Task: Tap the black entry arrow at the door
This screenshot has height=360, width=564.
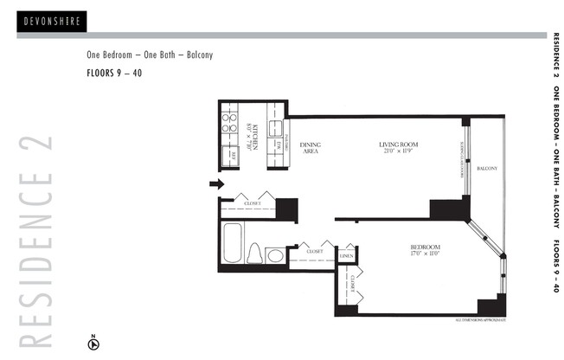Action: point(216,183)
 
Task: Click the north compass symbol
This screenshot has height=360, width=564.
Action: point(93,343)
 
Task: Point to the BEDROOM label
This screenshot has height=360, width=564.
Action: point(426,251)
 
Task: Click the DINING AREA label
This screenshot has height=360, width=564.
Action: point(309,148)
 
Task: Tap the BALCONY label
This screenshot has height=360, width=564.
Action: point(487,169)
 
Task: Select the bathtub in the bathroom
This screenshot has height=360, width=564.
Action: point(232,245)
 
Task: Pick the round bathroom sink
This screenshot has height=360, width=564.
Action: point(275,254)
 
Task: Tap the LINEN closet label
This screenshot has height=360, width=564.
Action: point(346,256)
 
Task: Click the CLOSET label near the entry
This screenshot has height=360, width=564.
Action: point(253,204)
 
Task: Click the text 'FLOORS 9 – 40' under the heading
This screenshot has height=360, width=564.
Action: point(114,73)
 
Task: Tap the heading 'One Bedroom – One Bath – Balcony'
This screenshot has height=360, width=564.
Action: point(150,55)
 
